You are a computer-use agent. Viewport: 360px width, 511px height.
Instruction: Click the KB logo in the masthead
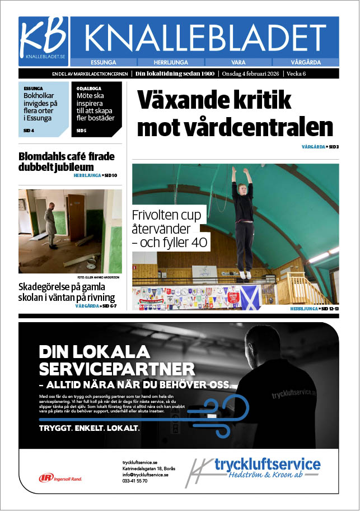click(x=44, y=38)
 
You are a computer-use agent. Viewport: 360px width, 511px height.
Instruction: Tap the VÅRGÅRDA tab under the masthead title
click(x=305, y=62)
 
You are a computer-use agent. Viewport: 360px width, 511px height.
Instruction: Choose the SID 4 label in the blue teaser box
click(x=29, y=131)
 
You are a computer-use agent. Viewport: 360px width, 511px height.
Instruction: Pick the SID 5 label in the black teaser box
click(x=82, y=131)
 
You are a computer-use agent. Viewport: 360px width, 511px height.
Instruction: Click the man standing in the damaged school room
click(x=52, y=224)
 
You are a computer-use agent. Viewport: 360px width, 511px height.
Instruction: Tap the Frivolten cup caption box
click(x=170, y=229)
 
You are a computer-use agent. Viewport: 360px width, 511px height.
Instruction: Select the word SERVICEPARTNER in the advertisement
click(x=117, y=369)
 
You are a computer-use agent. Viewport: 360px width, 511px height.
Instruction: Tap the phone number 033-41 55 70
click(x=135, y=481)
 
